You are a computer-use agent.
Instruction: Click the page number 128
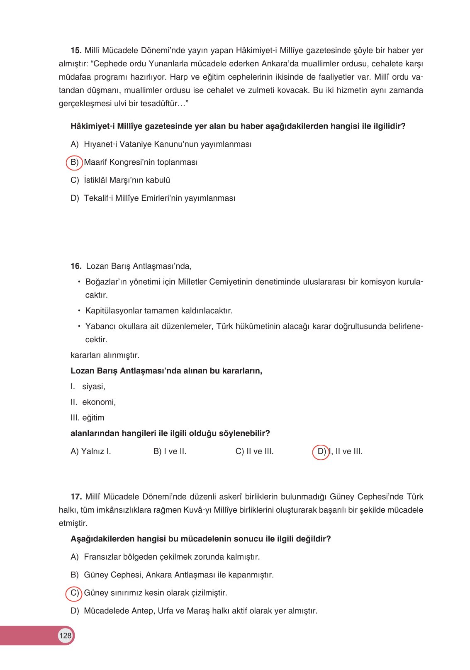coord(65,636)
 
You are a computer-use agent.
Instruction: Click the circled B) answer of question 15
coord(74,162)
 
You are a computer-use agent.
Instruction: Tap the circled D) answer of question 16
coord(321,451)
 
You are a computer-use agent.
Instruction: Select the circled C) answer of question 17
coord(74,593)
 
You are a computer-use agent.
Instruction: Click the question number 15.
coord(76,51)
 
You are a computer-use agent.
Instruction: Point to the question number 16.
coord(76,266)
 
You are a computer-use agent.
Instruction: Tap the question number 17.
coord(76,497)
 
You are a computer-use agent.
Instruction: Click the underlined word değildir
coord(311,539)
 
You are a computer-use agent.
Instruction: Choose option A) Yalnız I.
coord(91,451)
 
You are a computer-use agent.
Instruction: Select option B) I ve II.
coord(170,451)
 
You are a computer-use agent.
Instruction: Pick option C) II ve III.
coord(254,451)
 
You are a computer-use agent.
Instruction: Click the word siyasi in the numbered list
coord(93,387)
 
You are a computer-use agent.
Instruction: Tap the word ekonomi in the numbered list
coord(99,402)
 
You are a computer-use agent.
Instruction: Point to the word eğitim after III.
coord(93,418)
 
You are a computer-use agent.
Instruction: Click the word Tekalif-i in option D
coord(99,198)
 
